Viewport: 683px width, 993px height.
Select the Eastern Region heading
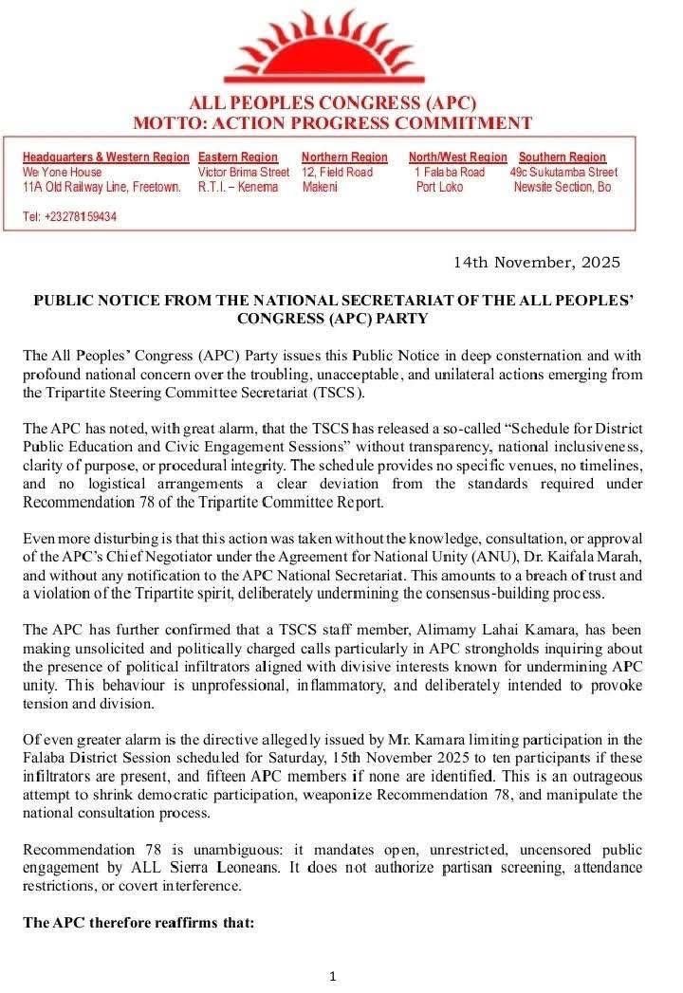click(238, 156)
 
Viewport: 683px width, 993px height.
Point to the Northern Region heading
click(344, 156)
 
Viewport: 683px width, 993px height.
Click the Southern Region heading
click(562, 156)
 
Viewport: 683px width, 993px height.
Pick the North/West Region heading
click(457, 156)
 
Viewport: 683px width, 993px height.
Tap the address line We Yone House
click(62, 173)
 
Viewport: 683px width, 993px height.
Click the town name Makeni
click(320, 188)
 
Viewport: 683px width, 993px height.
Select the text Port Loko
click(440, 188)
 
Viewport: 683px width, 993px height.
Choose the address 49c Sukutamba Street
click(563, 173)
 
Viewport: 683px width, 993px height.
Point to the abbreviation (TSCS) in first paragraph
click(341, 393)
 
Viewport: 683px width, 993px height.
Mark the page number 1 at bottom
click(332, 976)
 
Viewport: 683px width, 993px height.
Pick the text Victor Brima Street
click(244, 173)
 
